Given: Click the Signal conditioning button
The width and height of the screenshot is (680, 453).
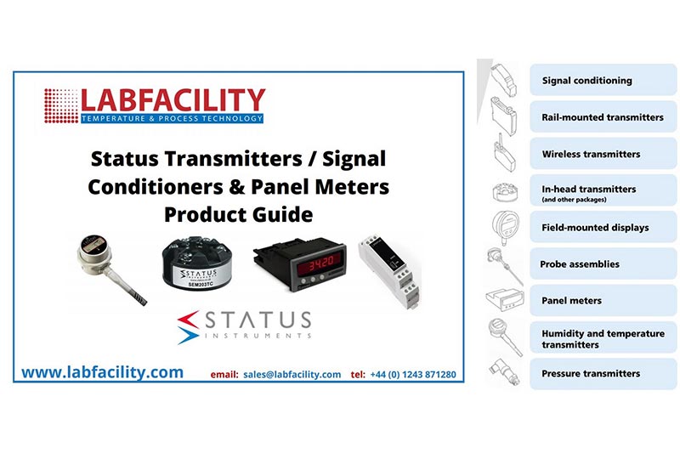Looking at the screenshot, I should point(603,81).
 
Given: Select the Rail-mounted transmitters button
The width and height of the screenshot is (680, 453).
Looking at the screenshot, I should point(603,117).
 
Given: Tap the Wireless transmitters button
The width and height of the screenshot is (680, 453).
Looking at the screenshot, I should point(603,155).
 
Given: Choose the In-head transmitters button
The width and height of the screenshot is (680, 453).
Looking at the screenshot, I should point(603,191).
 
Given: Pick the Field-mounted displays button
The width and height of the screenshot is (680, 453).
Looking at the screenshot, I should point(603,228).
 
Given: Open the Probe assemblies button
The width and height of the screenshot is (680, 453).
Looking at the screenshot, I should point(603,264).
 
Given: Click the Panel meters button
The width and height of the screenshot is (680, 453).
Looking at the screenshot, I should point(603,301).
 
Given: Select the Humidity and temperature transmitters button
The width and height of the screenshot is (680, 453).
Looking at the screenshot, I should point(603,338).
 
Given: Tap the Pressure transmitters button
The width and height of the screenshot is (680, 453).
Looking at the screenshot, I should point(603,374).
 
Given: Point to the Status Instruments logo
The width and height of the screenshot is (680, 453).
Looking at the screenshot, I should point(244,324).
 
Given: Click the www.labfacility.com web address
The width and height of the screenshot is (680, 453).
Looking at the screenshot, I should point(102,372).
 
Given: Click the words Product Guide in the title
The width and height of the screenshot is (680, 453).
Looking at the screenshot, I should point(239,212).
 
